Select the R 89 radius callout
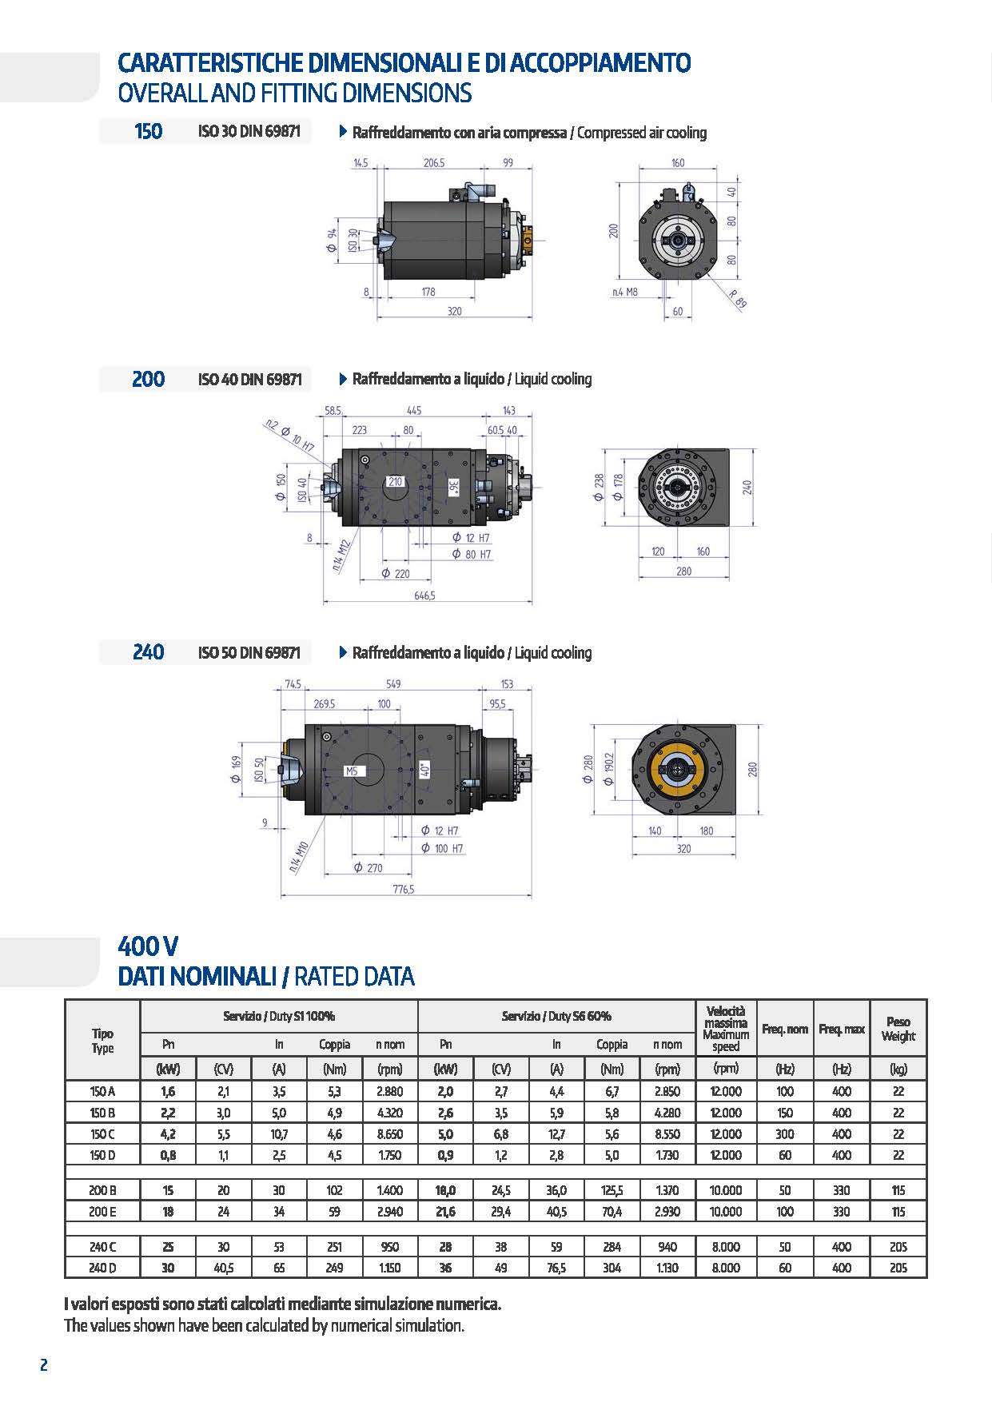(x=738, y=298)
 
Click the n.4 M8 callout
(x=625, y=292)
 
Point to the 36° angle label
(x=453, y=488)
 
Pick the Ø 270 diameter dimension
(x=369, y=867)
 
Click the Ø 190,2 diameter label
(x=611, y=768)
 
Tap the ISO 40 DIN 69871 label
(x=249, y=379)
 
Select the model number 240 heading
(x=149, y=652)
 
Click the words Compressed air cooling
(x=642, y=133)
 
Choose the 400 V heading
(x=148, y=946)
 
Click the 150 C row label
(x=102, y=1133)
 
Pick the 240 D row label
(x=102, y=1267)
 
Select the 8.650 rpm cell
(x=390, y=1133)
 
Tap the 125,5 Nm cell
(x=612, y=1190)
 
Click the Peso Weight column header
(x=898, y=1029)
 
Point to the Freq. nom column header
(x=785, y=1029)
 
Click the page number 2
(x=44, y=1365)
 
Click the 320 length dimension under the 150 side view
(x=454, y=311)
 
